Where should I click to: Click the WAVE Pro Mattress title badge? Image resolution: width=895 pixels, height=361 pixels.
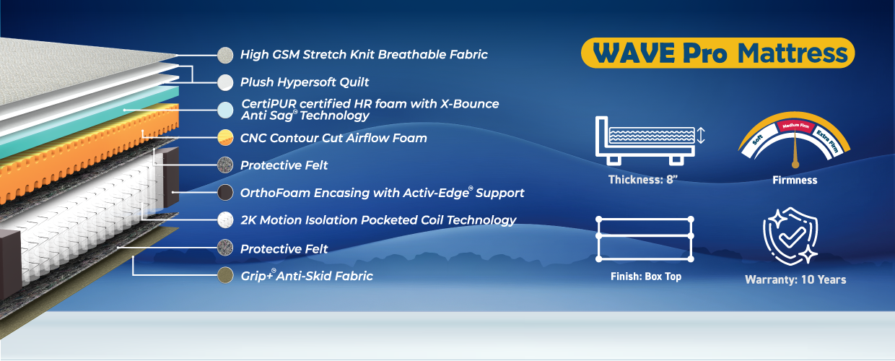tap(717, 53)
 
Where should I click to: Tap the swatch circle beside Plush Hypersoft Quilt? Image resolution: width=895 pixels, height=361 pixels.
tap(225, 82)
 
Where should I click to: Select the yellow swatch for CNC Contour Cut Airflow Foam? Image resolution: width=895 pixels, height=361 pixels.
tap(225, 137)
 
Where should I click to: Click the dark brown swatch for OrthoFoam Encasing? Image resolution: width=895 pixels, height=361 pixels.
tap(225, 192)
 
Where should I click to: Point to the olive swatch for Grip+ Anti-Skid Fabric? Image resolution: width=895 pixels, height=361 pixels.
tap(225, 276)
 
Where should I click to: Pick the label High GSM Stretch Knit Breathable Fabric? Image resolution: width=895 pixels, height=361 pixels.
tap(364, 54)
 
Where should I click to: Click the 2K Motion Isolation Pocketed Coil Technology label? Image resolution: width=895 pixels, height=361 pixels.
tap(378, 220)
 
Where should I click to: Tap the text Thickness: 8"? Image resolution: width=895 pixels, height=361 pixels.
tap(643, 180)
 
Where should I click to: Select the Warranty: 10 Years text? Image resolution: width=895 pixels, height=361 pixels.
tap(795, 279)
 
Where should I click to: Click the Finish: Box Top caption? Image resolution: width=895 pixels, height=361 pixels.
tap(646, 277)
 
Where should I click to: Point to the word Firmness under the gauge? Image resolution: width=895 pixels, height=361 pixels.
tap(795, 180)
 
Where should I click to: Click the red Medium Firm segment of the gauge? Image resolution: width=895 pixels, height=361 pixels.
tap(795, 126)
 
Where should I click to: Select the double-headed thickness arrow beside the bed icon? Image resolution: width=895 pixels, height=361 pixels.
tap(701, 136)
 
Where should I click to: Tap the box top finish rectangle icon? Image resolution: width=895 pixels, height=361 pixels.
tap(645, 239)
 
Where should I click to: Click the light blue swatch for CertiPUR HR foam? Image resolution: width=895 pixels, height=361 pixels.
tap(225, 110)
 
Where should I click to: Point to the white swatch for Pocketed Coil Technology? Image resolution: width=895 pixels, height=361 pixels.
tap(225, 220)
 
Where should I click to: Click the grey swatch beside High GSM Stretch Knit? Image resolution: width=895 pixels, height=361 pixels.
tap(225, 55)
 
